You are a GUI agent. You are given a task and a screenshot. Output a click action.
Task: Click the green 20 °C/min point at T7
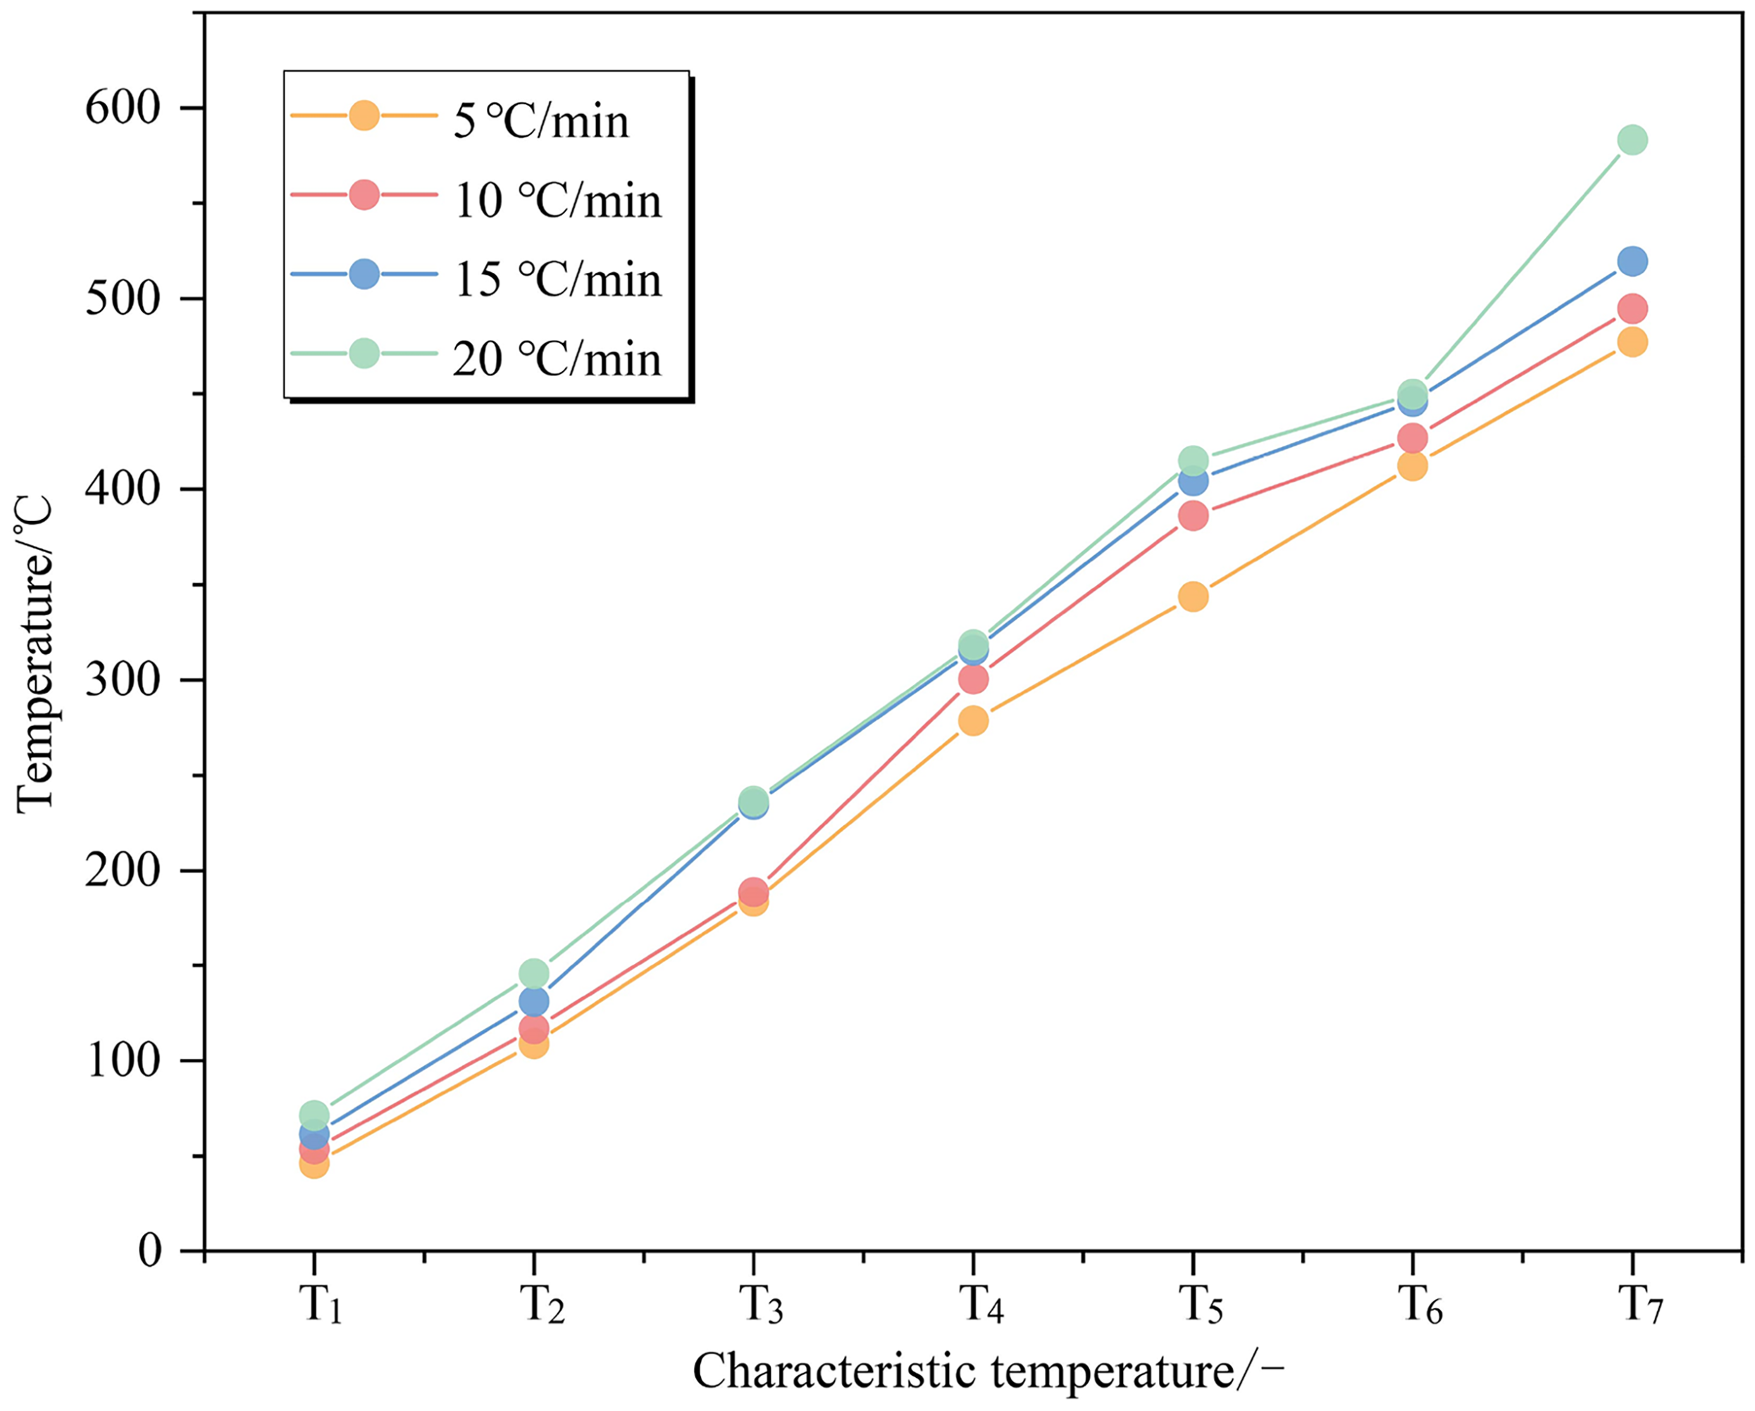[x=1632, y=140]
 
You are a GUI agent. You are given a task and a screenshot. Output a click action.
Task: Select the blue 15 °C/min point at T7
[x=1632, y=261]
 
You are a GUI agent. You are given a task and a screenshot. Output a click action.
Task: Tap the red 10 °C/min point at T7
[x=1632, y=308]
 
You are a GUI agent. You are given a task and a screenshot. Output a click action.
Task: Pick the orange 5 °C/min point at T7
[x=1632, y=341]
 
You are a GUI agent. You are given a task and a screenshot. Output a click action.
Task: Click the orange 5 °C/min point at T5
[x=1193, y=596]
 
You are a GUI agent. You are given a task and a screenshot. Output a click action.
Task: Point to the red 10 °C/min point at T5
[x=1193, y=515]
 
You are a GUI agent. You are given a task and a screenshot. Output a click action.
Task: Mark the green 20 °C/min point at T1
[x=314, y=1114]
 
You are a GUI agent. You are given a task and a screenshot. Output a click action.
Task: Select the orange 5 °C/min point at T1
[x=314, y=1165]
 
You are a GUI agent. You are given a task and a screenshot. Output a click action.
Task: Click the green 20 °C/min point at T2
[x=533, y=972]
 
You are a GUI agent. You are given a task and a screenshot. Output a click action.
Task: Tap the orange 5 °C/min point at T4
[x=973, y=720]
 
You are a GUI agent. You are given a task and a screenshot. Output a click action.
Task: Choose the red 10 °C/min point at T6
[x=1413, y=438]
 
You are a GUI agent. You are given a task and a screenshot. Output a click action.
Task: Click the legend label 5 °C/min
[x=541, y=122]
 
